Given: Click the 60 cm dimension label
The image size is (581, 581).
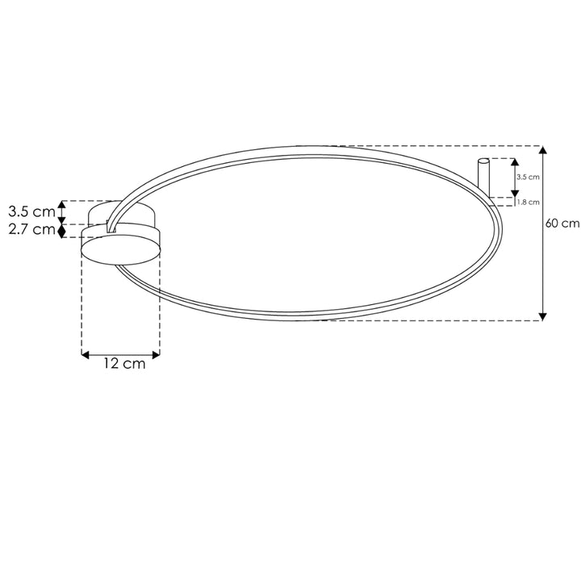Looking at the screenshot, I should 563,224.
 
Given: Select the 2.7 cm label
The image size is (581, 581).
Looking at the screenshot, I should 31,230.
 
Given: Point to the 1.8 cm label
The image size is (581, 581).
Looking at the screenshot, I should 528,202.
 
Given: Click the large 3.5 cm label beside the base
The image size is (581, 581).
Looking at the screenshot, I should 31,212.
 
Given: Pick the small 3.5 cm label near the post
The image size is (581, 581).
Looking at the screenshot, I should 528,176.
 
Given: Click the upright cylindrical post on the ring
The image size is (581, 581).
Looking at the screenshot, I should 483,179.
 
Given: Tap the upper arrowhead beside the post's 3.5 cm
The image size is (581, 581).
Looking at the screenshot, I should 513,162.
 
